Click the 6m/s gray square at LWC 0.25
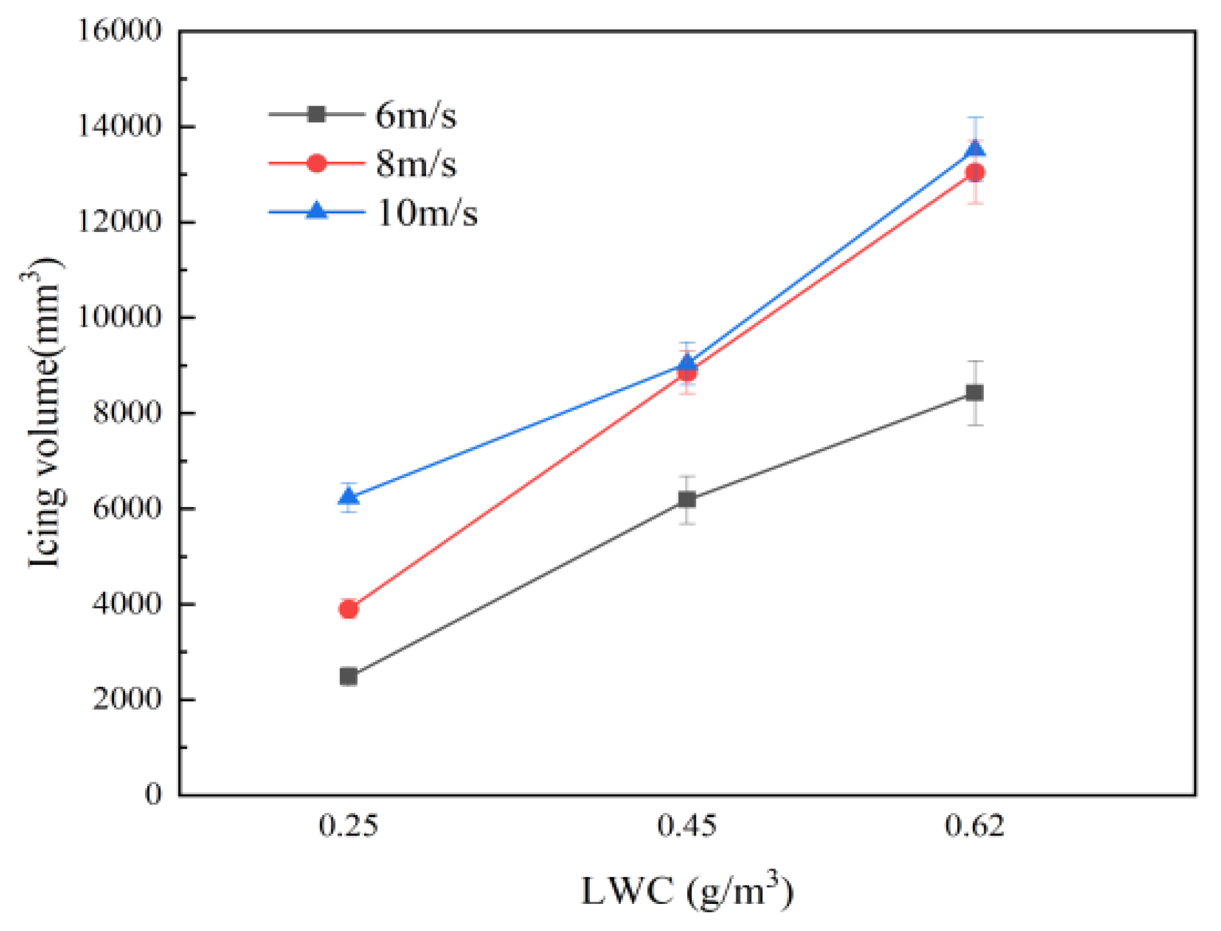coord(349,677)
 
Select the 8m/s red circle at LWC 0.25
coord(349,609)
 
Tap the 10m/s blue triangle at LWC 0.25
coord(349,497)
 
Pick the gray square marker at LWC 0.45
coord(687,499)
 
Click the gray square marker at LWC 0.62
coord(975,393)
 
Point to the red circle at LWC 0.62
coord(975,173)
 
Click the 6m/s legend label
coord(416,116)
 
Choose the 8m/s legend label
coord(416,164)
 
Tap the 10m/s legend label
coord(427,212)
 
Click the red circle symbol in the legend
coord(317,164)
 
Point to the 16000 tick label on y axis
coord(119,30)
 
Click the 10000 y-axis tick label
coord(119,317)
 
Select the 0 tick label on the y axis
coord(153,793)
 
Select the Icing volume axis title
coord(45,412)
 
